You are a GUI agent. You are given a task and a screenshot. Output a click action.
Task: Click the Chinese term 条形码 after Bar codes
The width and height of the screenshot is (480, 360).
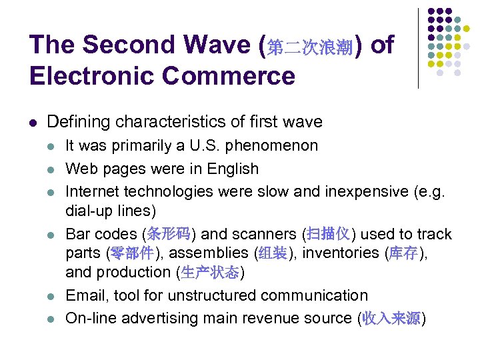[x=169, y=234]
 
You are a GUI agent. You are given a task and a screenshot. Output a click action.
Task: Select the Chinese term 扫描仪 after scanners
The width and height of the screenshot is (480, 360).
[x=329, y=234]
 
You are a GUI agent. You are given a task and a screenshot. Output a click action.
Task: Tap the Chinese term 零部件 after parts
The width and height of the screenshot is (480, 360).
[x=133, y=253]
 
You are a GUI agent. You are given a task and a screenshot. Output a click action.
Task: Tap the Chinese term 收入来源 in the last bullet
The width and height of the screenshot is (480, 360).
[x=391, y=319]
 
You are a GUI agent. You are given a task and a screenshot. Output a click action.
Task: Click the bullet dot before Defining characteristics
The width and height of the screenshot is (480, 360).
[x=33, y=123]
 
